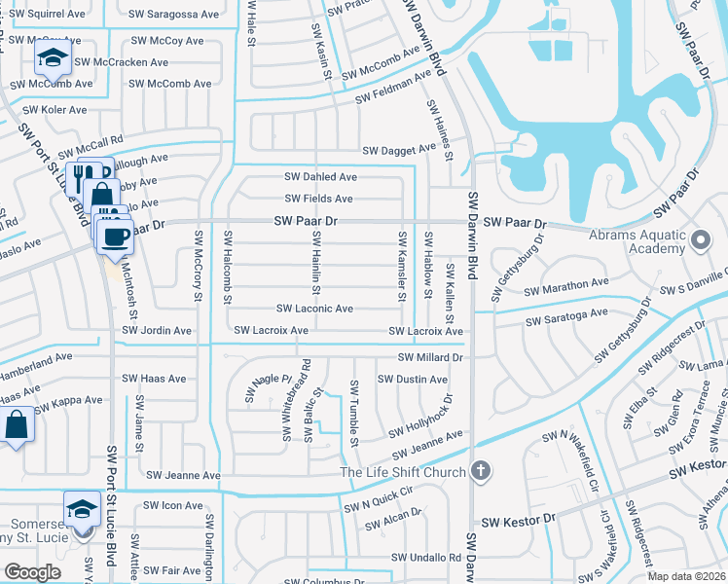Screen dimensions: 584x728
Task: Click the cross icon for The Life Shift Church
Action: pyautogui.click(x=478, y=472)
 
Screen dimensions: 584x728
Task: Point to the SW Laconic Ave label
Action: pyautogui.click(x=316, y=309)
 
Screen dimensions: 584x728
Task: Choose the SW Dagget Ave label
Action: pyautogui.click(x=399, y=150)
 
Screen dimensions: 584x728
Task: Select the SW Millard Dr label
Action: pyautogui.click(x=429, y=357)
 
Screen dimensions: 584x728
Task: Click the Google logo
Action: pyautogui.click(x=31, y=572)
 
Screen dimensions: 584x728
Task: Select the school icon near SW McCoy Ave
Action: pyautogui.click(x=52, y=58)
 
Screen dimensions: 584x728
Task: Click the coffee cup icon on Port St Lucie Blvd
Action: pyautogui.click(x=115, y=235)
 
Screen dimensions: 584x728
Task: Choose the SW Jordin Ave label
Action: pyautogui.click(x=156, y=331)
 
